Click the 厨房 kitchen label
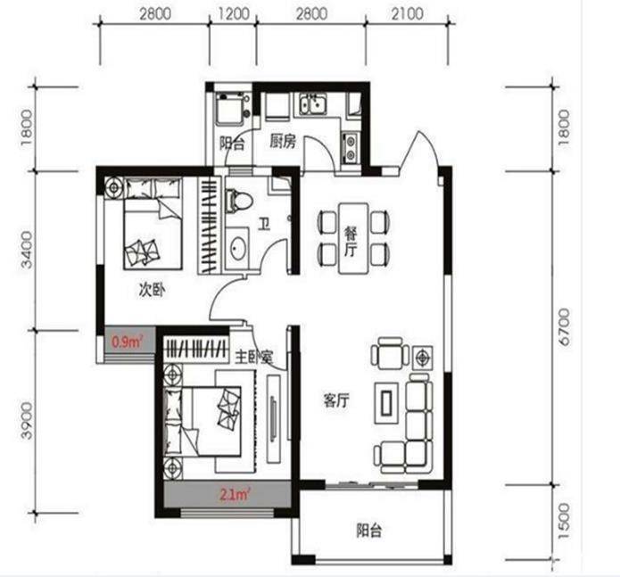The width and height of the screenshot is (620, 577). (x=283, y=141)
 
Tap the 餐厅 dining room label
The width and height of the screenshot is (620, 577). (x=351, y=241)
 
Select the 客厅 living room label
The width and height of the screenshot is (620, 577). (x=336, y=400)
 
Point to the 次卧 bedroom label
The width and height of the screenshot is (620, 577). (x=152, y=291)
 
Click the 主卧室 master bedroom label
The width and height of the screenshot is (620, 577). (x=254, y=358)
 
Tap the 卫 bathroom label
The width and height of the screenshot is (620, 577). (x=264, y=224)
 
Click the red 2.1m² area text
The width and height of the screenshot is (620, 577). (x=236, y=494)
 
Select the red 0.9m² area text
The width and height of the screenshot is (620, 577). (x=126, y=341)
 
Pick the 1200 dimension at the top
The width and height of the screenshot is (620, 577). (x=234, y=14)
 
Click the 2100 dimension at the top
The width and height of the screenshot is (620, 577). (x=408, y=14)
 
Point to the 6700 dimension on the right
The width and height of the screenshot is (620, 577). (x=565, y=327)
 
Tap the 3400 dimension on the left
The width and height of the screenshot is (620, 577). (x=27, y=250)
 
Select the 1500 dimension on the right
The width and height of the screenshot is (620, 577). (x=565, y=521)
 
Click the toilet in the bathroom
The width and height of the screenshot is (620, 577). (x=238, y=200)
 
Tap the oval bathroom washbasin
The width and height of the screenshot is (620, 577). (x=238, y=249)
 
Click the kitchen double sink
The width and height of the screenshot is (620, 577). (x=312, y=103)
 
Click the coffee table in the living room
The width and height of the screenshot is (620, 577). (x=386, y=403)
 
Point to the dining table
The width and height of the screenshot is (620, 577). (x=353, y=238)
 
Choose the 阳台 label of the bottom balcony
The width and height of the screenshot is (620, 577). (x=369, y=531)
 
